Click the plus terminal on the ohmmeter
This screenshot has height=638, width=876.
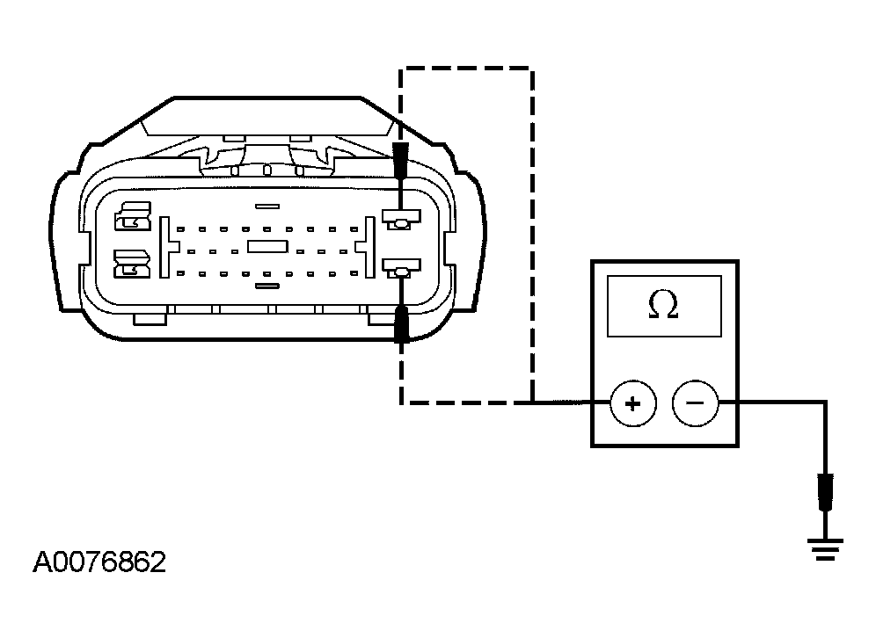coord(632,403)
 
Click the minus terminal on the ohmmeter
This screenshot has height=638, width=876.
coord(695,403)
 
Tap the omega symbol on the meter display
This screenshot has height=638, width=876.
coord(663,306)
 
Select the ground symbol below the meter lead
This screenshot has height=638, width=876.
coord(825,548)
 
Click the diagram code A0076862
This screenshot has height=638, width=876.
coord(99,562)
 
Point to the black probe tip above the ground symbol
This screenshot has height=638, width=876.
coord(825,492)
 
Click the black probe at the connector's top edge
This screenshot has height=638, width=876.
coord(400,160)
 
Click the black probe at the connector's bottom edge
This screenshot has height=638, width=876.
coord(401,323)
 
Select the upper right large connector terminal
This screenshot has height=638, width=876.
coord(400,219)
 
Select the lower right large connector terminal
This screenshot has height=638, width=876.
coord(401,268)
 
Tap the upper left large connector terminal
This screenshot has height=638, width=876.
coord(133,216)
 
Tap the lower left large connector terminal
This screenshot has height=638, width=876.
coord(133,264)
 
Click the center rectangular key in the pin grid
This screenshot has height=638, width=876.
coord(267,247)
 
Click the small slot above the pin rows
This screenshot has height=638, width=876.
coord(267,207)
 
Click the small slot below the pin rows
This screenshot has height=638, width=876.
coord(267,286)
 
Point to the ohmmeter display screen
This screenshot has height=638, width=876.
coord(664,306)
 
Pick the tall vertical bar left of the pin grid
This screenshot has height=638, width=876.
coord(164,247)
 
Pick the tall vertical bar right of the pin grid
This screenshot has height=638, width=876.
coord(369,247)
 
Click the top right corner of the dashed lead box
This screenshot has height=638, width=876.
coord(532,69)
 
